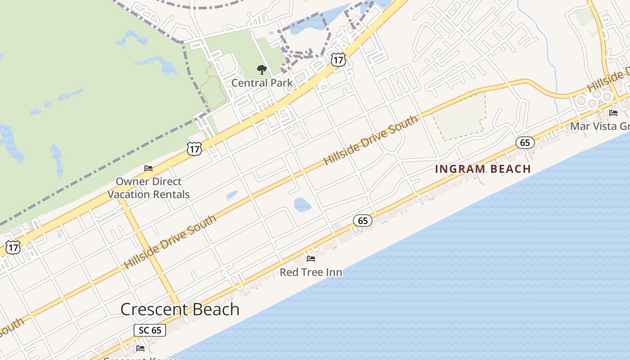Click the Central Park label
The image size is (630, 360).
pos(261,83)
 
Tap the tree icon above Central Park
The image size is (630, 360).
pos(261,70)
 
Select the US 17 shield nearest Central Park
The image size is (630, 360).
pos(338,59)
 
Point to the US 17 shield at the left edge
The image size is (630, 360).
pos(13,247)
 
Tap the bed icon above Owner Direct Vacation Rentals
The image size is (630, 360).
pos(148,168)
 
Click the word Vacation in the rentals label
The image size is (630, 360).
pos(128,194)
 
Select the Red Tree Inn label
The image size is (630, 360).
pos(310,272)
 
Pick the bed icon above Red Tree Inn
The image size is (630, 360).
pos(310,259)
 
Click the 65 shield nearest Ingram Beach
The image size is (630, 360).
pos(525,143)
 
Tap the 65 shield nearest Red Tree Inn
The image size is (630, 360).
pos(363,220)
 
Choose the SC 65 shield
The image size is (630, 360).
pos(150,330)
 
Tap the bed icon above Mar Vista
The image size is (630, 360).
pos(613,113)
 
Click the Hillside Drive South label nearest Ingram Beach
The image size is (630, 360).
pos(371,140)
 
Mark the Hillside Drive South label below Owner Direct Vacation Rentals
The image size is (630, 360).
pos(170,242)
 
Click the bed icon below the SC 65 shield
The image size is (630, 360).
pos(140,348)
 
